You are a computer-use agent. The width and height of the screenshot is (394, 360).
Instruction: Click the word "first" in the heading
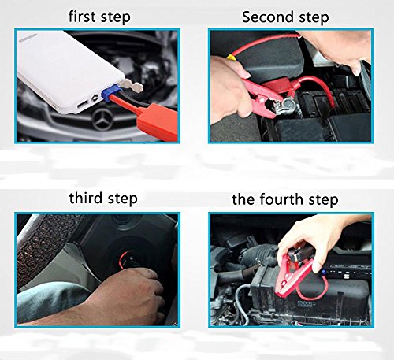coord(82,17)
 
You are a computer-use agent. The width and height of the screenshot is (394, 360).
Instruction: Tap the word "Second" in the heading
coord(268,17)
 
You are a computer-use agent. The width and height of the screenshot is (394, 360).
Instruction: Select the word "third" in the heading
coord(86,198)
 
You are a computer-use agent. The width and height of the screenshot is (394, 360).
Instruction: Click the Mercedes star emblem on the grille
coord(102,120)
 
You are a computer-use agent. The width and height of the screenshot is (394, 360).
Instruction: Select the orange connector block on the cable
coord(158,121)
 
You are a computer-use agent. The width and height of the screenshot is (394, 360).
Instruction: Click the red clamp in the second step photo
coord(266,97)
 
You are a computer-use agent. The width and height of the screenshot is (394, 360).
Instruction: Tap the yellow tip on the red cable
coord(230,56)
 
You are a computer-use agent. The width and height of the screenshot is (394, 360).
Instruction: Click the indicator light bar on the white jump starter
coord(28,38)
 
